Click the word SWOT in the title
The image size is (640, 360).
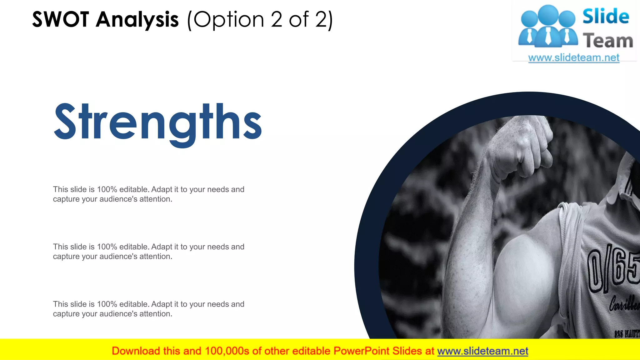[x=61, y=20]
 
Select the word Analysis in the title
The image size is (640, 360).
[x=137, y=20]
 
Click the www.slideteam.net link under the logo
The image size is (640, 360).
[x=573, y=58]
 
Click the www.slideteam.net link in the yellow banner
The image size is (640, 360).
[x=482, y=351]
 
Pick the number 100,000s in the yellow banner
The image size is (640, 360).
[x=227, y=351]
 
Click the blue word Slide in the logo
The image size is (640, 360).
[x=606, y=17]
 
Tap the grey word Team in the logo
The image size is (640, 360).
[x=607, y=41]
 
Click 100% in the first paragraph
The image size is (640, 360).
[x=107, y=189]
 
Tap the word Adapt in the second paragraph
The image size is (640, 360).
[x=162, y=247]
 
